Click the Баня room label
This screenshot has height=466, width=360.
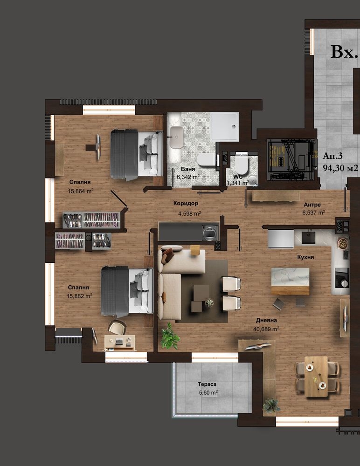pos(188,169)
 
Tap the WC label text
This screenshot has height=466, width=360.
pos(238,177)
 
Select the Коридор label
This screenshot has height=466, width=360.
pos(186,203)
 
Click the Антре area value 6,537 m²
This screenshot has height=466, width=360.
pos(313,212)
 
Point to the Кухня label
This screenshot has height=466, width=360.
pos(305,257)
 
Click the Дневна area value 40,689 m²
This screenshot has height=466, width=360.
pos(266,329)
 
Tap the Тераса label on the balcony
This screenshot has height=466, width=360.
pos(207,384)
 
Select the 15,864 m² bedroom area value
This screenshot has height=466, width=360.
pos(81,191)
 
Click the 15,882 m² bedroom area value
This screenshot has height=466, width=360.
pos(79,296)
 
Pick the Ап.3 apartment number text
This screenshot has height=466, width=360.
pos(332,156)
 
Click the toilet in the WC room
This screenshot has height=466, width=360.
pos(241,164)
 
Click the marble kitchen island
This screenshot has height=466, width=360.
pos(290,281)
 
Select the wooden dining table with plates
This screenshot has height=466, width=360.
pos(316,377)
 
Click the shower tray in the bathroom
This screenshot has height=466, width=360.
pos(225,127)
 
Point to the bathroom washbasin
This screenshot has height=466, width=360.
pos(176,137)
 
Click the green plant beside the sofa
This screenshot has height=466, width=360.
pos(170,336)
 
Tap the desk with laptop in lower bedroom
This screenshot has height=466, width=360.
pos(119,343)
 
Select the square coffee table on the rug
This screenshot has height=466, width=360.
pos(201,293)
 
